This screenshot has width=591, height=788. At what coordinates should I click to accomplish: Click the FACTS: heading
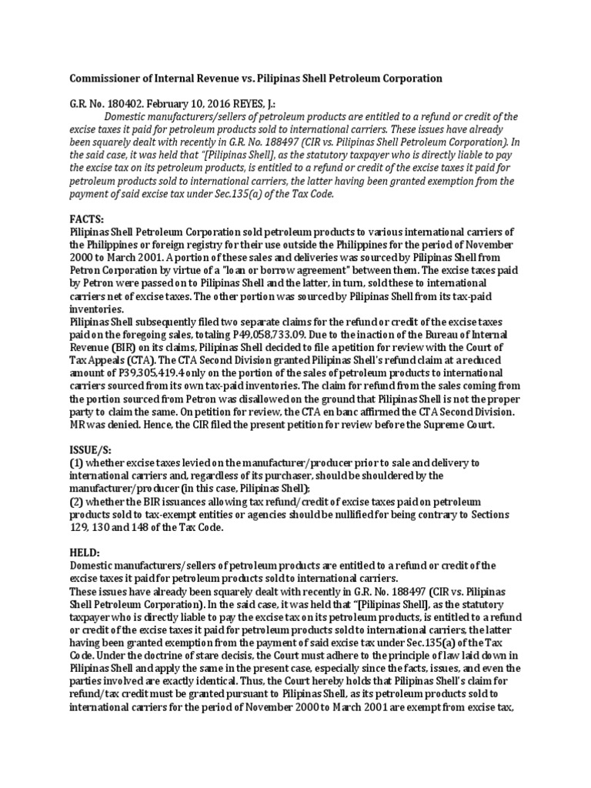(86, 218)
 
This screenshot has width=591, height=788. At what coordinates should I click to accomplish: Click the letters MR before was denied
(78, 423)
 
